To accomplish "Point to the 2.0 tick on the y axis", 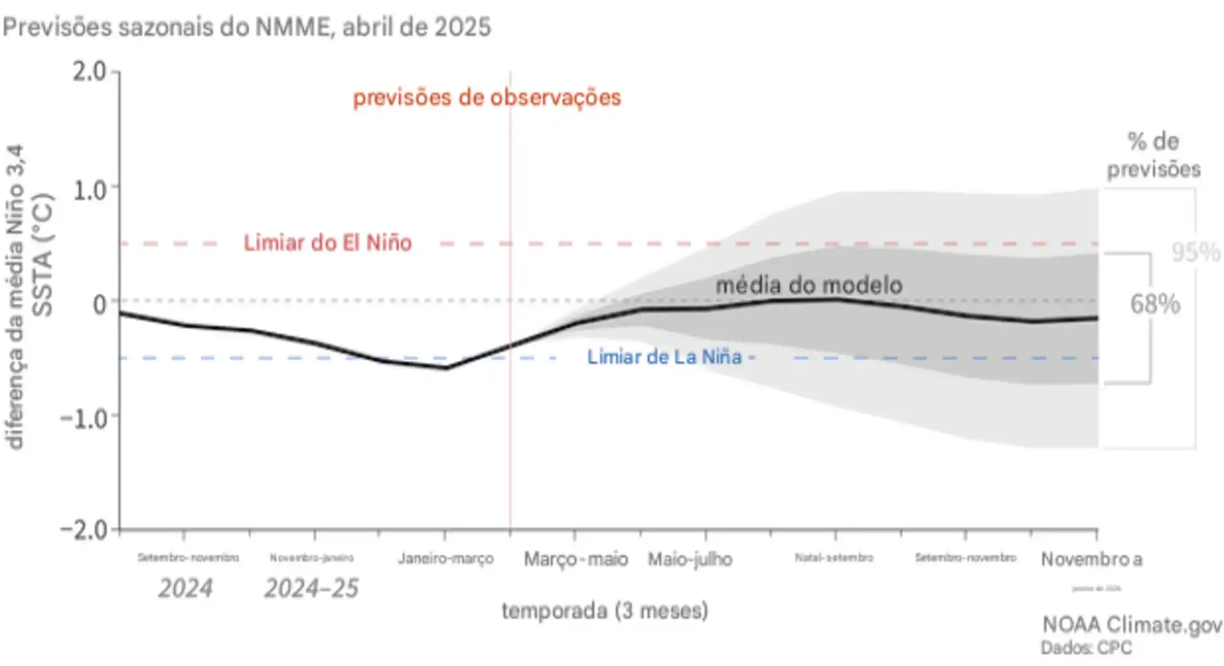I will tap(89, 72).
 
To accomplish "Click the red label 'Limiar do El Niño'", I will tap(327, 243).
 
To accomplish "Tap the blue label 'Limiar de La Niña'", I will tap(664, 357).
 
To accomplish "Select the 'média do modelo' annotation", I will tap(808, 285).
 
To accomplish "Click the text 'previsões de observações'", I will tap(486, 97).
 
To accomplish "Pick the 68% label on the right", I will tap(1154, 304).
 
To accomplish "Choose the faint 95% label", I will tap(1195, 252).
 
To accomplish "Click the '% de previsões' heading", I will tap(1153, 155).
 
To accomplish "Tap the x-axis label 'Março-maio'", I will tap(575, 559).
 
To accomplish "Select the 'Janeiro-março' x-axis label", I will tap(445, 558).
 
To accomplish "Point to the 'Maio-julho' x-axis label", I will tap(689, 559).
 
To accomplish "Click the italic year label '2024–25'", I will tap(311, 588).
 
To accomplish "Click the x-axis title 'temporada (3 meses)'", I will tap(604, 610).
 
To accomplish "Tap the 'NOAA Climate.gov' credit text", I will tap(1131, 624).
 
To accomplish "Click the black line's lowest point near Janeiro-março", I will tap(446, 368).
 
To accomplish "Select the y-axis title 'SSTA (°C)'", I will tap(43, 255).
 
